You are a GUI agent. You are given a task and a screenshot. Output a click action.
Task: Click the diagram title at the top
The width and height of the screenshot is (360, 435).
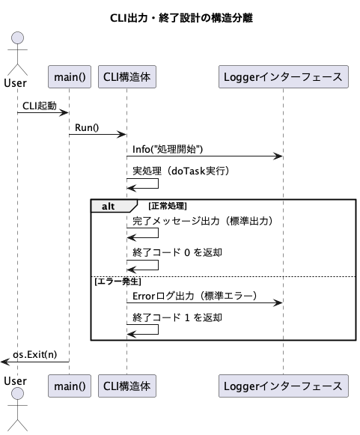click(x=181, y=18)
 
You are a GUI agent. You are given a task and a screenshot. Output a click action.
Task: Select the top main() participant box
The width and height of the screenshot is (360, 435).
click(x=70, y=77)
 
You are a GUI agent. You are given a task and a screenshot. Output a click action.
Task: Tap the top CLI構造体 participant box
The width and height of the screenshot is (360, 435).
click(x=127, y=77)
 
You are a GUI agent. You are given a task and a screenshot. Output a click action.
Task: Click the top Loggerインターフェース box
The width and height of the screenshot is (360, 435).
click(x=284, y=77)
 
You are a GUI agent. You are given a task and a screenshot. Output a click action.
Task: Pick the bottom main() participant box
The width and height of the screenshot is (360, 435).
click(x=70, y=386)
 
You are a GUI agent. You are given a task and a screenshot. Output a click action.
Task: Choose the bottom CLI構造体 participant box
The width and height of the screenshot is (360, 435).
click(x=127, y=386)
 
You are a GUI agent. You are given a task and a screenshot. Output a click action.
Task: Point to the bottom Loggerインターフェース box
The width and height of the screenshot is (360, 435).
click(x=284, y=386)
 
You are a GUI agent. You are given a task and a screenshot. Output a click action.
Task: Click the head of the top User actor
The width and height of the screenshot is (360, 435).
click(x=17, y=37)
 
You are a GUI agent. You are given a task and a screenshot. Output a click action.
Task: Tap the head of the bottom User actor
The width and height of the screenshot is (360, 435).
click(x=17, y=393)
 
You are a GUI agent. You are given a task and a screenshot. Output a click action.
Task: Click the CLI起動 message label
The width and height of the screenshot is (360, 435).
click(x=40, y=106)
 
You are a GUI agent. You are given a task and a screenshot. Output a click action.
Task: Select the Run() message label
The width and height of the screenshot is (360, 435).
click(x=87, y=127)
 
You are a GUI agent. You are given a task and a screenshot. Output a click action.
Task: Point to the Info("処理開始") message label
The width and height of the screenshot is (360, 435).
click(x=168, y=149)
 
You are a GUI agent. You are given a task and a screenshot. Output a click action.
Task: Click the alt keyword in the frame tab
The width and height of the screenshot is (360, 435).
click(x=109, y=207)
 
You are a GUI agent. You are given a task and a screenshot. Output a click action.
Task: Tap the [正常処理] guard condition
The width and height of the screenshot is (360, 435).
click(x=168, y=206)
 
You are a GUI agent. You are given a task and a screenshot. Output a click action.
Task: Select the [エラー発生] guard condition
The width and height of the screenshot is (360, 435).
click(x=118, y=282)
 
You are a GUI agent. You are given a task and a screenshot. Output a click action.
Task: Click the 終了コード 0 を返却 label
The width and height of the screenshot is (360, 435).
click(x=177, y=252)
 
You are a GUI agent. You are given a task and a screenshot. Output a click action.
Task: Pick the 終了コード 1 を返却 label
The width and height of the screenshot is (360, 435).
click(x=177, y=317)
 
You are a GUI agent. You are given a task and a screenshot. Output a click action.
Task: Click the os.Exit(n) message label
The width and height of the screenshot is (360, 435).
click(x=35, y=355)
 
